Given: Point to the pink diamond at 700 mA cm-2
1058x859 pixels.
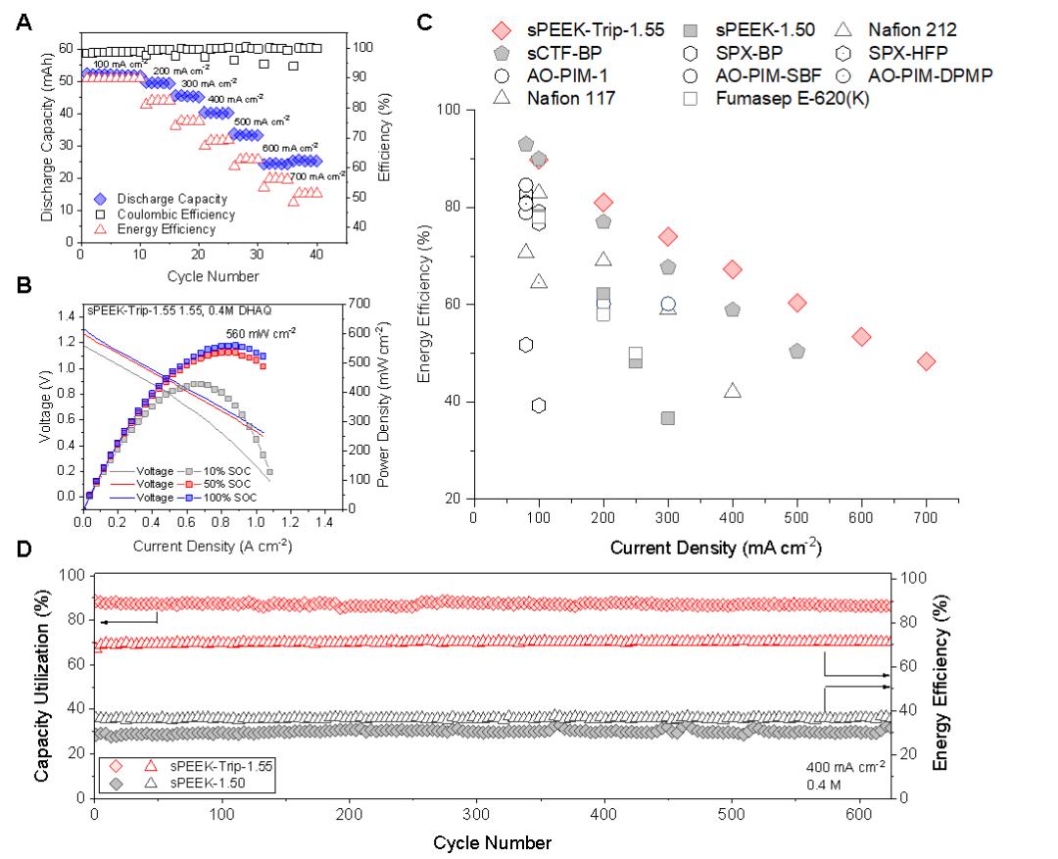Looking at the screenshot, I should click(x=926, y=361).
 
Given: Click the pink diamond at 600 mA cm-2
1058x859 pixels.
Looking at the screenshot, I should click(x=861, y=337).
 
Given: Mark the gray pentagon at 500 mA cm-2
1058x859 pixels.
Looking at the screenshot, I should click(x=796, y=351).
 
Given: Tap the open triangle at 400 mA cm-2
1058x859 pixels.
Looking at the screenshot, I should click(x=733, y=391).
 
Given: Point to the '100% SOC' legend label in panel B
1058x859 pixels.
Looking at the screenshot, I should click(x=233, y=498).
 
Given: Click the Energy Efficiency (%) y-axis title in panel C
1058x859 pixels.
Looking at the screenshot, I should click(x=425, y=303).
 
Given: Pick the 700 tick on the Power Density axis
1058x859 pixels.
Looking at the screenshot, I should click(x=360, y=304).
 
